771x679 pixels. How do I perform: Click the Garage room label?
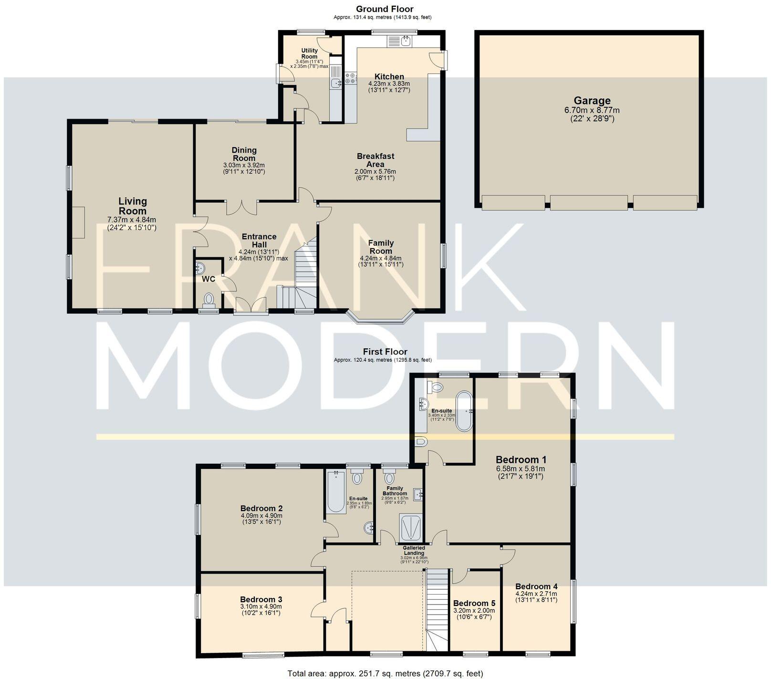(592, 101)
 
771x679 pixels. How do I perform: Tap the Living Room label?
(133, 206)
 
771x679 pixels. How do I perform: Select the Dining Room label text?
(244, 154)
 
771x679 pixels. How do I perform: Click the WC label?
(209, 279)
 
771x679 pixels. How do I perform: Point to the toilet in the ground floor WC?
(209, 300)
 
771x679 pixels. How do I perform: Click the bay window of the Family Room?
(380, 319)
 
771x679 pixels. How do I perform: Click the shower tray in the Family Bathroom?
(409, 527)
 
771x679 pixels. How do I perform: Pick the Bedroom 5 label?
(474, 603)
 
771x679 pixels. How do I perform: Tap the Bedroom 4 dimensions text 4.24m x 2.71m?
(536, 594)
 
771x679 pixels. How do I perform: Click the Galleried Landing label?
(414, 551)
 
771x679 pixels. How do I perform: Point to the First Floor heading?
(385, 352)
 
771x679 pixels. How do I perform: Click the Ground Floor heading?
(385, 9)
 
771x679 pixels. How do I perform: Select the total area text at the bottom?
(385, 673)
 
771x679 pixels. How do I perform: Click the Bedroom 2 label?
(261, 508)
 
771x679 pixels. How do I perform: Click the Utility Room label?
(309, 53)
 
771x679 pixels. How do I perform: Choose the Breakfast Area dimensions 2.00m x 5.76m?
(375, 172)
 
